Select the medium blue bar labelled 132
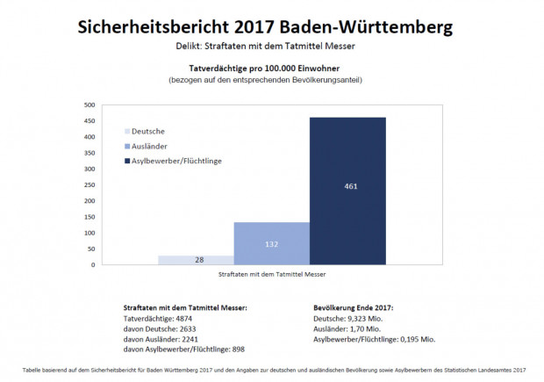271,243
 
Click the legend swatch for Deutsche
128,131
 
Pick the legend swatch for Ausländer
128,146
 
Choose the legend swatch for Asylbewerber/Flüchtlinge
128,162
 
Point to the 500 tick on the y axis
89,105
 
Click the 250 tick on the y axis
89,184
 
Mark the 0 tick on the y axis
93,264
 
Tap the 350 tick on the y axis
89,153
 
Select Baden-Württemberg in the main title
375,27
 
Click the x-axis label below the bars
271,275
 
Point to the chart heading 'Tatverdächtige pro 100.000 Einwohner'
271,68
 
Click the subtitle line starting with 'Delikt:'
271,44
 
